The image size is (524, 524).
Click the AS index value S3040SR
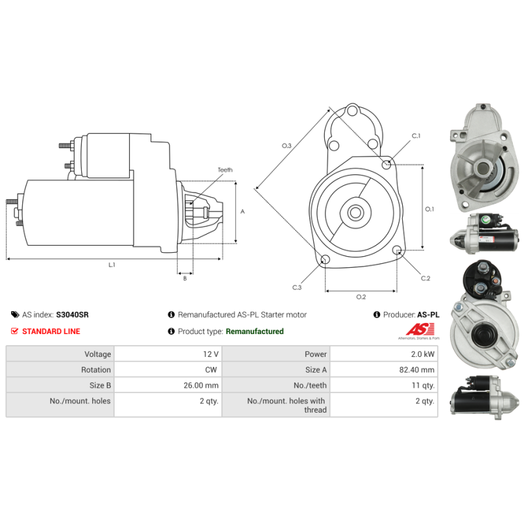tap(72, 314)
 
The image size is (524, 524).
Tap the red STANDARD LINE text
tap(51, 331)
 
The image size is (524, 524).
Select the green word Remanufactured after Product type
tap(254, 331)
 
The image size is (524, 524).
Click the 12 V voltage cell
tap(210, 354)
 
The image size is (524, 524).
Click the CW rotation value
tap(212, 370)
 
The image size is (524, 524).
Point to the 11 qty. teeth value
tap(423, 386)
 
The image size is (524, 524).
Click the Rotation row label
tap(96, 370)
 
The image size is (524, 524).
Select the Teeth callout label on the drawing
tap(225, 170)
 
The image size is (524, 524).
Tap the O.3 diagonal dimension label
tap(286, 145)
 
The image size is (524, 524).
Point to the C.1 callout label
tap(416, 136)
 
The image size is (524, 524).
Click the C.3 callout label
tap(297, 287)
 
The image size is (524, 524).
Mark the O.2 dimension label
tap(360, 297)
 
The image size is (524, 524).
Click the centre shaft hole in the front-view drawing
tap(356, 212)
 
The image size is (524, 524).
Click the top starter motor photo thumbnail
tap(479, 159)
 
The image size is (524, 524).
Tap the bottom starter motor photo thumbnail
tap(479, 395)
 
